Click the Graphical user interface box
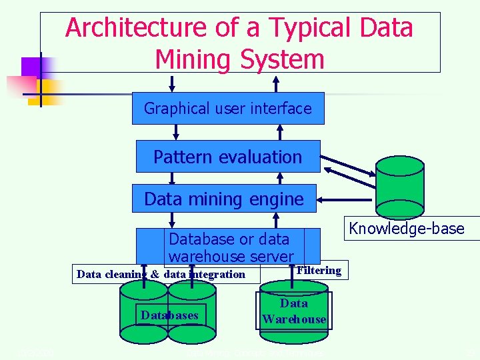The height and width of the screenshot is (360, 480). point(228,108)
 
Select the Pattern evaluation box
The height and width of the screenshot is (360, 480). point(228,157)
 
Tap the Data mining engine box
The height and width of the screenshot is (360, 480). point(224,199)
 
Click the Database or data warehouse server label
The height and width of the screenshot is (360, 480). point(231,247)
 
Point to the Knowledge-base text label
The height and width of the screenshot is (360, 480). point(407,229)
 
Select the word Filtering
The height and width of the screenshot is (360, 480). point(319,270)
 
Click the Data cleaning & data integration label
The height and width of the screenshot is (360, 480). point(161,274)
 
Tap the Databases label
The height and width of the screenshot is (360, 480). point(169,315)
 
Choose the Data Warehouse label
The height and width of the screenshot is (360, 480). point(294,311)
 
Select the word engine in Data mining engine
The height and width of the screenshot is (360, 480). point(275,199)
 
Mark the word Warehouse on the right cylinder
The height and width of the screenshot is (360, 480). point(294,319)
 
